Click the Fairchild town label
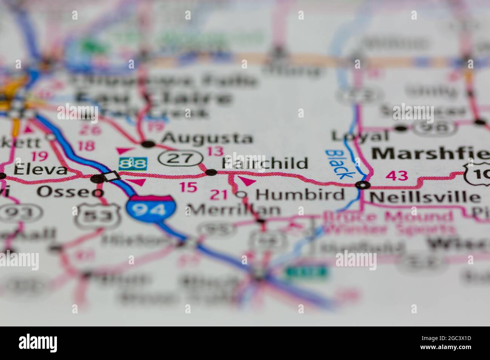click(x=265, y=163)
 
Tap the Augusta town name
click(x=207, y=138)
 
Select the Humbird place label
click(x=300, y=195)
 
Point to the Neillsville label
click(x=424, y=197)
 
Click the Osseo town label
click(x=70, y=192)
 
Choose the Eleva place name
click(x=41, y=170)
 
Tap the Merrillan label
click(x=234, y=209)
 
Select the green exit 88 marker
click(x=133, y=164)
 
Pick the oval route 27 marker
click(x=180, y=158)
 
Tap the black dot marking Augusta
click(x=148, y=143)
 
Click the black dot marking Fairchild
click(x=211, y=172)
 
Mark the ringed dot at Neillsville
click(x=363, y=185)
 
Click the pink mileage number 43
click(x=397, y=175)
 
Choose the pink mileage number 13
click(x=215, y=151)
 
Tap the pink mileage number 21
click(x=219, y=195)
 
